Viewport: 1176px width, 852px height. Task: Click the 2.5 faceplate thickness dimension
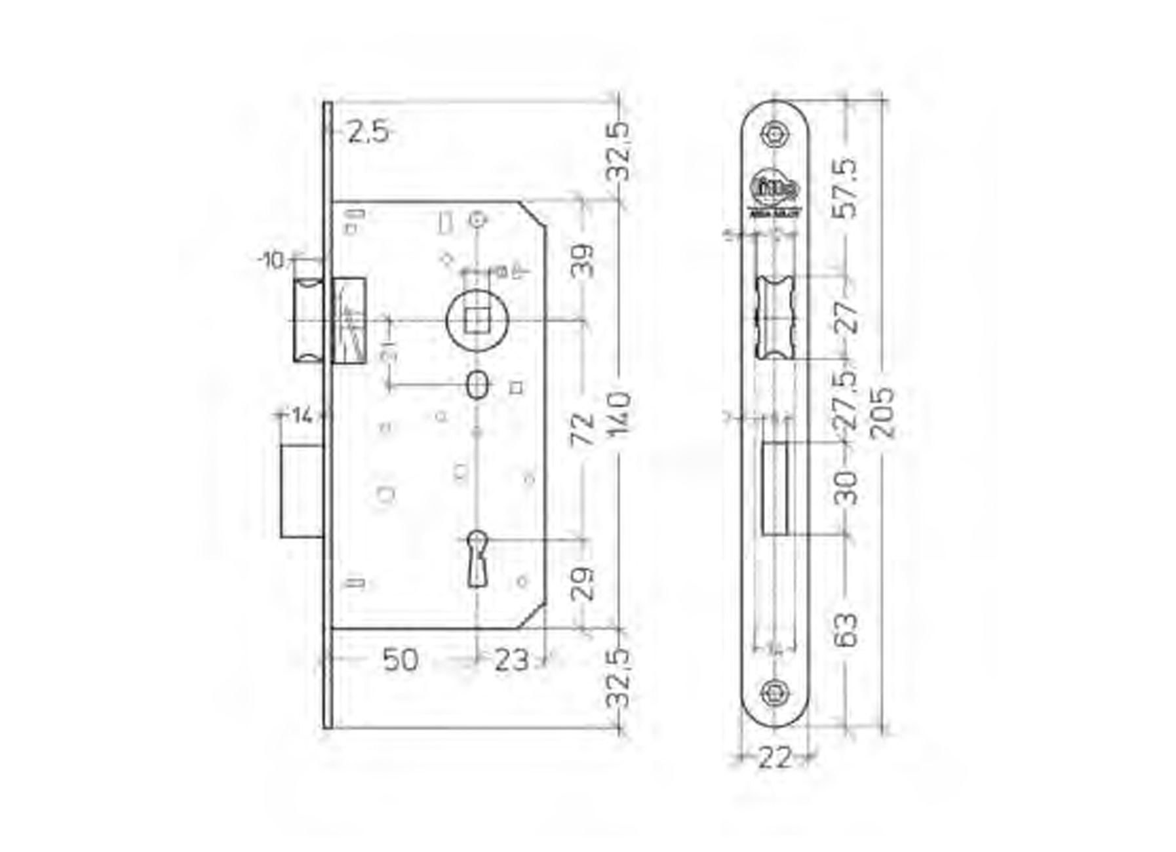[x=367, y=133]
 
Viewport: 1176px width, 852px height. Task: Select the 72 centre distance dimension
[x=582, y=429]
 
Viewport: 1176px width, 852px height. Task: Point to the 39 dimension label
[x=582, y=260]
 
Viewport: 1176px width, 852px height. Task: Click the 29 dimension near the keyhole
[x=582, y=583]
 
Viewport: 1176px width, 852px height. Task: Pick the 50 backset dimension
[x=400, y=660]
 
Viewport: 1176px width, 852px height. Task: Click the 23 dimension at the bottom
[x=511, y=660]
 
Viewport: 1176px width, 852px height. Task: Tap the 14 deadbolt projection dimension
[x=302, y=416]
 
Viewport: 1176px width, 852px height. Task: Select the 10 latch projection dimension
[x=272, y=261]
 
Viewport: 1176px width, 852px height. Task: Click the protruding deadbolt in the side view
[x=301, y=491]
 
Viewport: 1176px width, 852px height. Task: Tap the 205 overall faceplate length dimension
[x=884, y=413]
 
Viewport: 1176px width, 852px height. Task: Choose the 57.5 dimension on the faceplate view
[x=848, y=188]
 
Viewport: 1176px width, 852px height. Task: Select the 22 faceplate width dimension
[x=774, y=759]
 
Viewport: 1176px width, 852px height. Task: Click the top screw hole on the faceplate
[x=775, y=135]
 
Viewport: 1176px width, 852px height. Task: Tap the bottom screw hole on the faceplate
[x=775, y=692]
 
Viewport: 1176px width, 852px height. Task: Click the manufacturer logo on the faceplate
[x=775, y=192]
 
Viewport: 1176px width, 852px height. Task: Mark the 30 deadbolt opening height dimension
[x=848, y=488]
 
